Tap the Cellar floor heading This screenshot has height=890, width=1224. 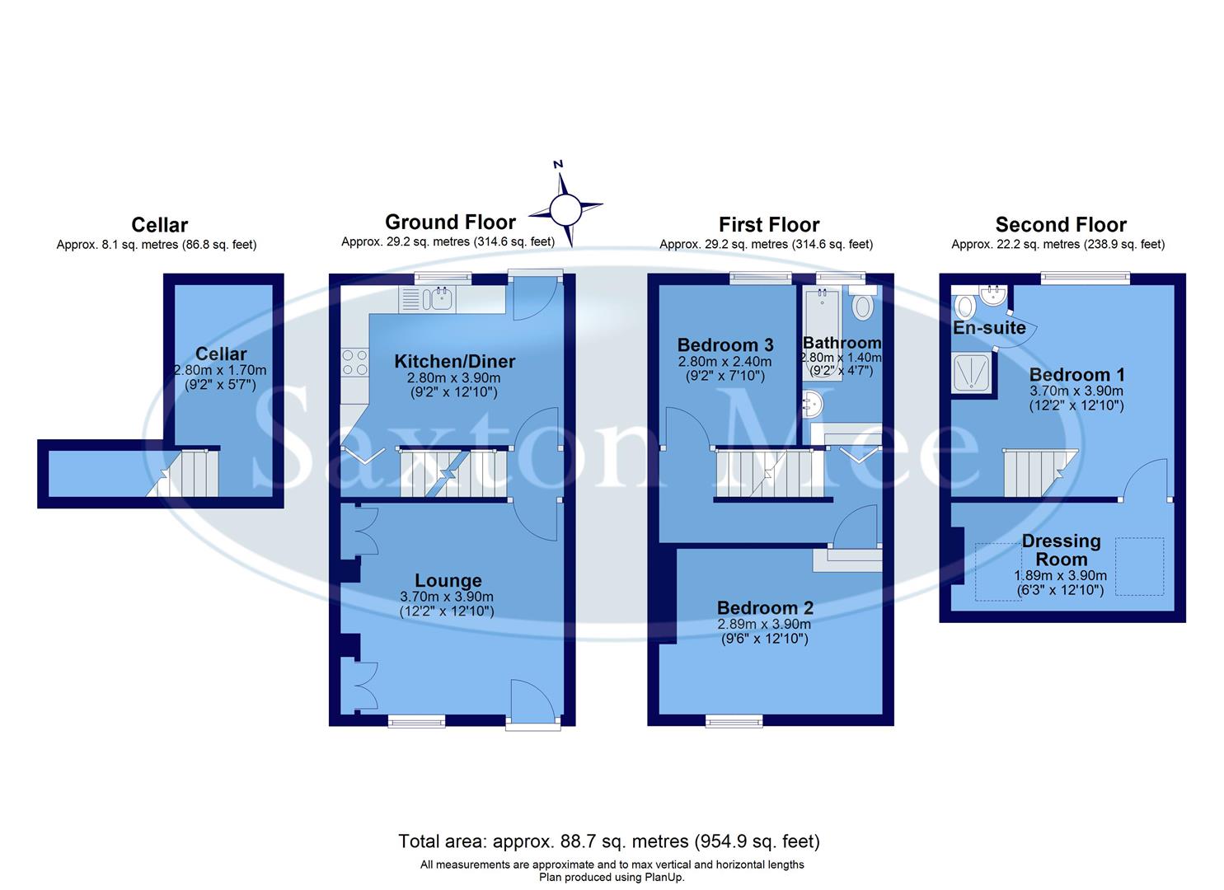point(160,225)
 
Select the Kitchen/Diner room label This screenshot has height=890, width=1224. point(454,361)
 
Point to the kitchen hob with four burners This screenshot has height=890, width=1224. point(355,363)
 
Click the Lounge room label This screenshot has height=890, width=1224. point(448,581)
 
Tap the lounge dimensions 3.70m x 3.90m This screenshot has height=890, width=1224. point(447,597)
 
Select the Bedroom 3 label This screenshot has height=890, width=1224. point(725,345)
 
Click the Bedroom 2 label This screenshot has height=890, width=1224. point(765,608)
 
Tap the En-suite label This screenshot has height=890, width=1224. point(989,328)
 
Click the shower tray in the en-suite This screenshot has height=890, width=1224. point(971,372)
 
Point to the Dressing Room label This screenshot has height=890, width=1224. point(1061,550)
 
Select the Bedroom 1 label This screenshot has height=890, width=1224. point(1076,375)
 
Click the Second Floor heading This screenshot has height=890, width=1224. point(1061,225)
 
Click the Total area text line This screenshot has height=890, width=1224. point(609,841)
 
